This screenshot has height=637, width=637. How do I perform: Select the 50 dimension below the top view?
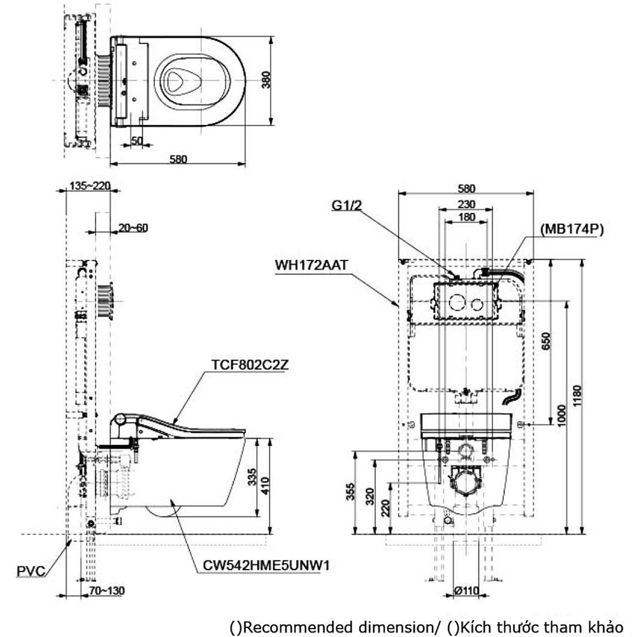[x=137, y=141]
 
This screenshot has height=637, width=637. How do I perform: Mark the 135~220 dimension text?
[x=90, y=187]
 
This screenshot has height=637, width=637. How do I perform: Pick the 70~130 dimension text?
[x=106, y=591]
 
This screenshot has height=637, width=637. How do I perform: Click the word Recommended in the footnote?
[x=284, y=627]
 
